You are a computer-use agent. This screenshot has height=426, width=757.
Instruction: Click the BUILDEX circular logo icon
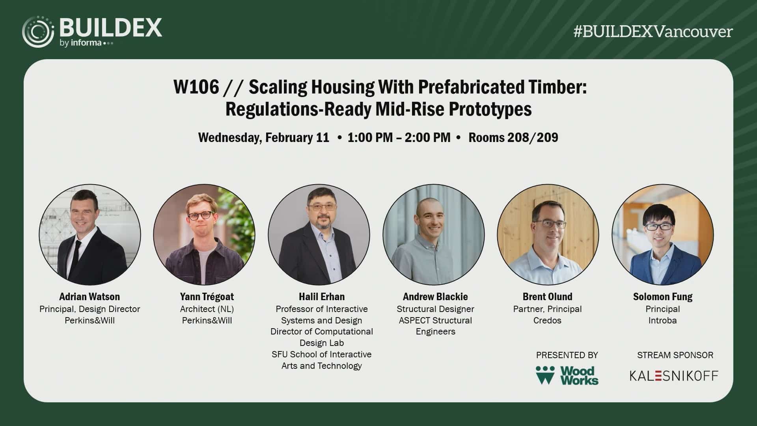tap(38, 32)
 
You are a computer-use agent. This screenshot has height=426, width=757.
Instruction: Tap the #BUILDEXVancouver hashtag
tap(653, 32)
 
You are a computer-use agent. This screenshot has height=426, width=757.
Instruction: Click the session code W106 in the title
tap(196, 87)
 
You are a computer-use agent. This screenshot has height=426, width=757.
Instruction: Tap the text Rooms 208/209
tap(513, 137)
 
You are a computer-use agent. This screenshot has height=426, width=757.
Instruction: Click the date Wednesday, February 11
tap(264, 137)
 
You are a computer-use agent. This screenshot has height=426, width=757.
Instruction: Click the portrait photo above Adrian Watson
tap(90, 235)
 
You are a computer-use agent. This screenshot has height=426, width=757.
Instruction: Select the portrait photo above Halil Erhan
tap(319, 235)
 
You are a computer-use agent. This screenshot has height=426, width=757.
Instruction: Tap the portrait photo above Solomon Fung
tap(663, 235)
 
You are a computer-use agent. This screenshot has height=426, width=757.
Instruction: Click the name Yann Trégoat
tap(207, 297)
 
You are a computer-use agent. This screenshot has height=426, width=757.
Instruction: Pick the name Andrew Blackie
tap(435, 297)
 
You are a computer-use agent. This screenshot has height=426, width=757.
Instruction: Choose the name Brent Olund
tap(548, 297)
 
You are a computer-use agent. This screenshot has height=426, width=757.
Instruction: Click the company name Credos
tap(547, 320)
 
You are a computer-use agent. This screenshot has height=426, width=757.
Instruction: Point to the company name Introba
tap(662, 320)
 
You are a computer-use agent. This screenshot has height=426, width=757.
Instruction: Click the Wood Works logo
tap(567, 375)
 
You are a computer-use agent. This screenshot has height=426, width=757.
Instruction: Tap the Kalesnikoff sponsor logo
tap(674, 376)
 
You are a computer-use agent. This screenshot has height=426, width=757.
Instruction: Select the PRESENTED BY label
tap(567, 355)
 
